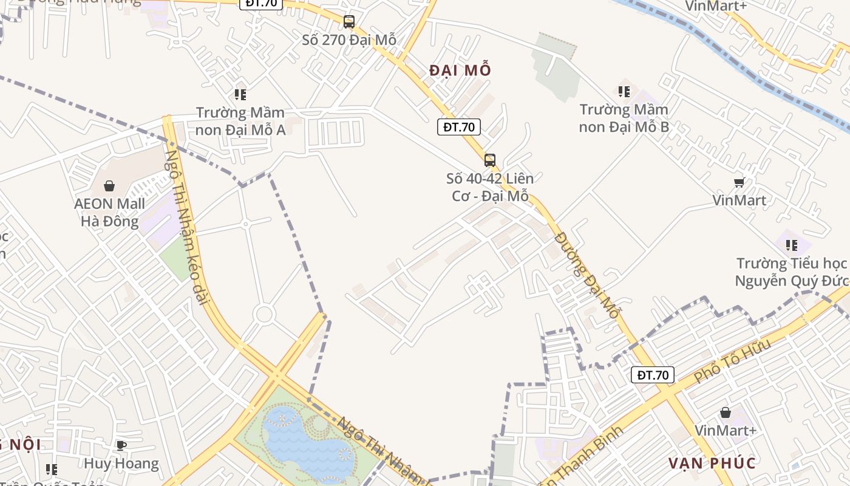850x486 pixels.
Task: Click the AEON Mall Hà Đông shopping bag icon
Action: tap(109, 186)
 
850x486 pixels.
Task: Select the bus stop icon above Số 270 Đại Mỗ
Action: tap(348, 22)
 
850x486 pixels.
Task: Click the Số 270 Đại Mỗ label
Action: tap(349, 40)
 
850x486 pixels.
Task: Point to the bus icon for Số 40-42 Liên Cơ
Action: tap(489, 160)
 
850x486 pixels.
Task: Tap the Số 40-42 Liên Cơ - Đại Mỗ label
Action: tap(490, 187)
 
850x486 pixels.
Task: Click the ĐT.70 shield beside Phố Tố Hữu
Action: tap(653, 375)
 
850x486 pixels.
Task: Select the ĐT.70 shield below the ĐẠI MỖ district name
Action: tap(458, 127)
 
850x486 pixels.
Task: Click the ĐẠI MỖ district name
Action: tap(460, 70)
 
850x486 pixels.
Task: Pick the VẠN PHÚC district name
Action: tap(712, 464)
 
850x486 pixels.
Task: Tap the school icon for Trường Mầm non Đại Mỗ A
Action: tap(240, 95)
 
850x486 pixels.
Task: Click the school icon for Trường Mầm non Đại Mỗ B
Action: tap(624, 92)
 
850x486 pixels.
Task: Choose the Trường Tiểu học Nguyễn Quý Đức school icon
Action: tap(791, 245)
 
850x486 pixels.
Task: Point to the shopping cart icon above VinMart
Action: tap(739, 182)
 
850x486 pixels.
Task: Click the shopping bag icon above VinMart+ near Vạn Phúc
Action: tap(725, 413)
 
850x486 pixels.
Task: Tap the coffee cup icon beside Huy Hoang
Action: tap(121, 445)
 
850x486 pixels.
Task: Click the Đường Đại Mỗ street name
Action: tap(587, 275)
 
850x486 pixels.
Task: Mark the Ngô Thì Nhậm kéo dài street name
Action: tap(186, 227)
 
